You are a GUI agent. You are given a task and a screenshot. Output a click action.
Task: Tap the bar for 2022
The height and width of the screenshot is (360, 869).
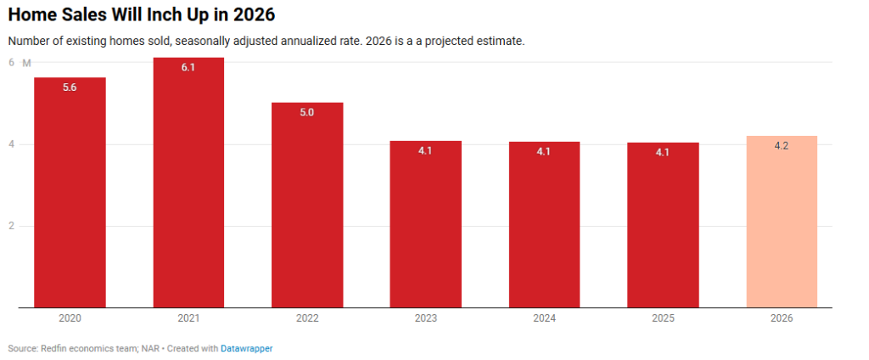tap(307, 204)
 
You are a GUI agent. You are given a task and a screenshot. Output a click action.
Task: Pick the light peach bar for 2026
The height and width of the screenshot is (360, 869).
tap(782, 221)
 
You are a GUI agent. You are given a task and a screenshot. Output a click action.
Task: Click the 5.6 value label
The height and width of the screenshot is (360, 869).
tap(70, 87)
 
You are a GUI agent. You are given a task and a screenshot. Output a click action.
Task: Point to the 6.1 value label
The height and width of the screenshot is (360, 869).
tap(188, 67)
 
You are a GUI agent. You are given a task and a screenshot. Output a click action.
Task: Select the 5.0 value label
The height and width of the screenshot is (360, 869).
tap(307, 112)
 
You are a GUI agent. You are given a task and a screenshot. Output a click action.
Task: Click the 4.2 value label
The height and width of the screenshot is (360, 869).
tap(782, 146)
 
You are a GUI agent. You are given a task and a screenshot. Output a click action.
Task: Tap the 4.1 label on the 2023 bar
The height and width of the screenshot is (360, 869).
tap(426, 151)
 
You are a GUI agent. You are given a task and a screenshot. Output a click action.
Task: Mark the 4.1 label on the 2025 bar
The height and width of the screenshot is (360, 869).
tap(663, 152)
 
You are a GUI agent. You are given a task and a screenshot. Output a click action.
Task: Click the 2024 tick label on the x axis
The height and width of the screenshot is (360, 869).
tap(544, 318)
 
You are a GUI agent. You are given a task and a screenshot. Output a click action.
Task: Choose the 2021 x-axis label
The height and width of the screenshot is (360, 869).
tap(188, 318)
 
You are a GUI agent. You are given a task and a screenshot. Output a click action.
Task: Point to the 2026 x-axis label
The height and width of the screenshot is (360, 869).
tap(782, 318)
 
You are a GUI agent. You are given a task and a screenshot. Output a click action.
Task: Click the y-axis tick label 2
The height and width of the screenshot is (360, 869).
tap(12, 226)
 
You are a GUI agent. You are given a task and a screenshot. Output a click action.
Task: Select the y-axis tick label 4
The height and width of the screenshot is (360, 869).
tap(12, 144)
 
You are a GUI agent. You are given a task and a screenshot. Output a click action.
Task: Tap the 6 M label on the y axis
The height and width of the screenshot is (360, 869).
tap(19, 63)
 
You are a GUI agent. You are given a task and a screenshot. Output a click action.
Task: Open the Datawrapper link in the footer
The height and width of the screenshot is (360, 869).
tap(247, 348)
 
